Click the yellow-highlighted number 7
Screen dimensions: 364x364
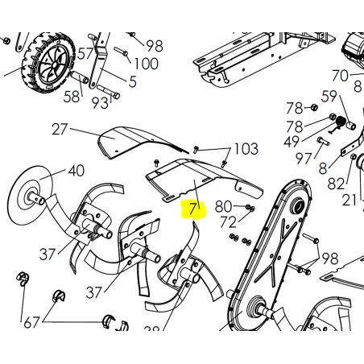[192, 209]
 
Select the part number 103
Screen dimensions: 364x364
[246, 149]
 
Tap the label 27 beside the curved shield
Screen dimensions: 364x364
[60, 130]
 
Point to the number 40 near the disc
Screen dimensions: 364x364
[77, 171]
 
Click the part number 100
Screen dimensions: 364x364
[146, 64]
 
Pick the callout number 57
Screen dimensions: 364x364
[85, 54]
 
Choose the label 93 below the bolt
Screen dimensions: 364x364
[100, 103]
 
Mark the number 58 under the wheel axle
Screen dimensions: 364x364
[72, 97]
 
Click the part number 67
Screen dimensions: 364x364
[31, 323]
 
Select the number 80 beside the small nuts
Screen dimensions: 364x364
[223, 207]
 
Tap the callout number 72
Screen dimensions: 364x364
[228, 222]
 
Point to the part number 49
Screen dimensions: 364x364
[292, 142]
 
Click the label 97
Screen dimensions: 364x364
[304, 159]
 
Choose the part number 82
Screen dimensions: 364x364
[336, 184]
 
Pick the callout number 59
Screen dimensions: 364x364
[329, 97]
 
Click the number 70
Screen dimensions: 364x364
[340, 76]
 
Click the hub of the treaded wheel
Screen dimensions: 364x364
[54, 65]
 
